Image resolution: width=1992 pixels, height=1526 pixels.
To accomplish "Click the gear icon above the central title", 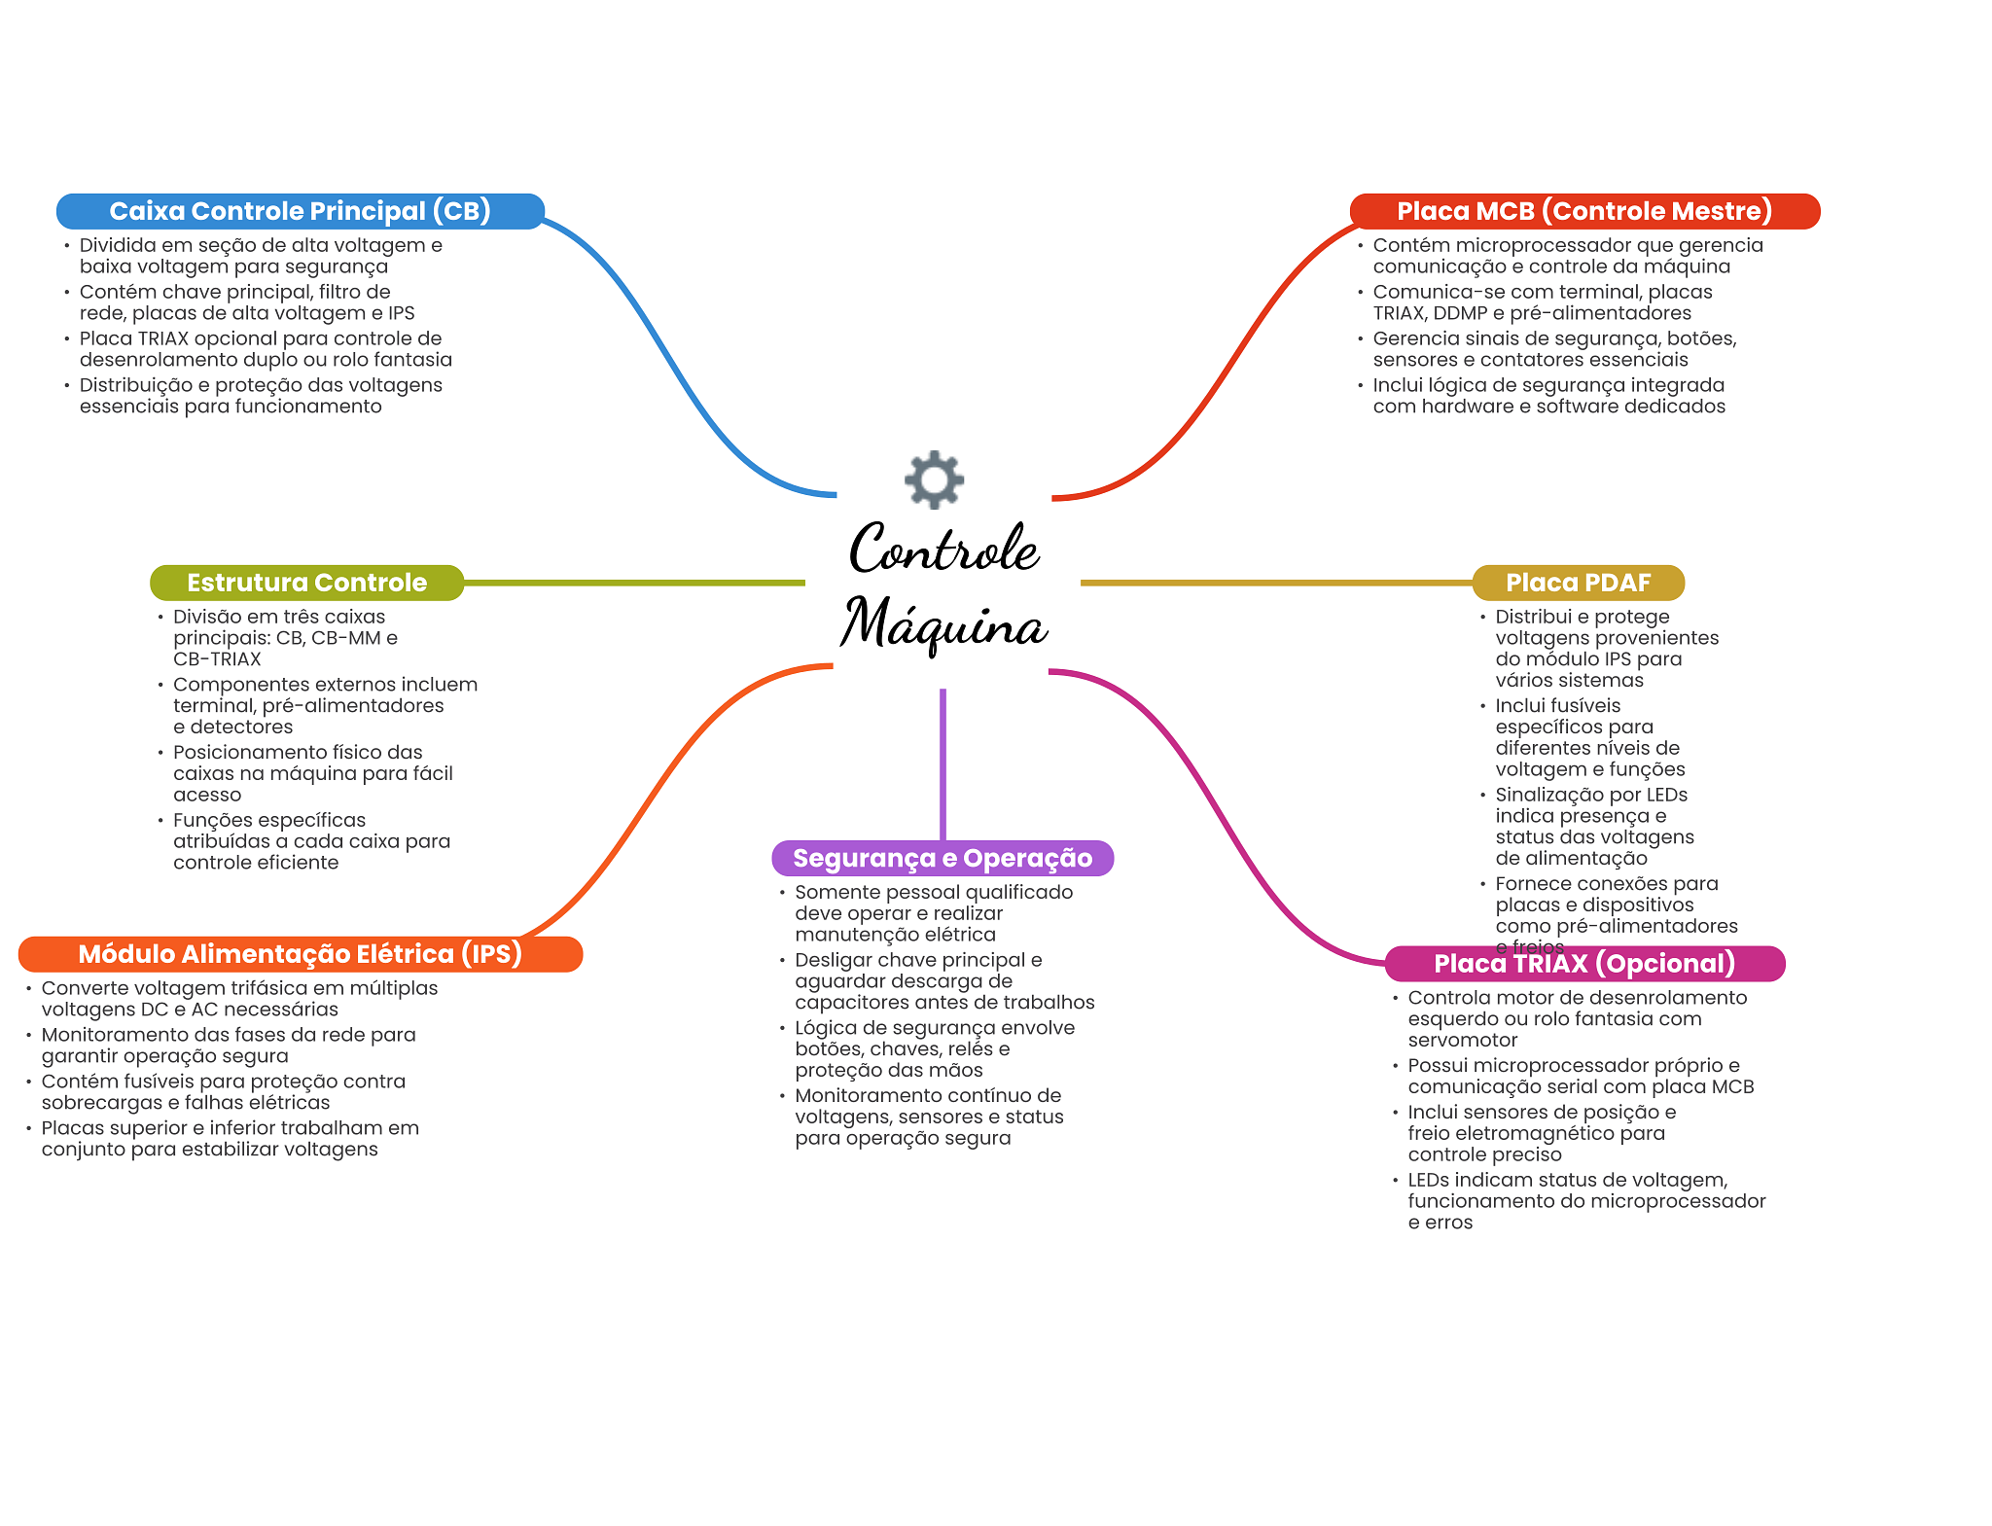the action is click(x=934, y=479).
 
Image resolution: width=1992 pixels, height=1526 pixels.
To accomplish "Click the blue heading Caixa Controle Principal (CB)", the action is click(x=300, y=211).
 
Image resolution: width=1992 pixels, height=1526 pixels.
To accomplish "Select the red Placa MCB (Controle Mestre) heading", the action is click(x=1584, y=211).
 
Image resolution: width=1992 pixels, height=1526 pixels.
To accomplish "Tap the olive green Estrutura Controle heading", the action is click(x=306, y=583).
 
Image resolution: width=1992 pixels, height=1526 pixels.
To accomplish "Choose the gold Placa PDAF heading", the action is click(x=1578, y=583).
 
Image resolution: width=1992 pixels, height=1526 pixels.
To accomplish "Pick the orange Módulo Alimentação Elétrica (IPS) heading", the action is click(x=301, y=954).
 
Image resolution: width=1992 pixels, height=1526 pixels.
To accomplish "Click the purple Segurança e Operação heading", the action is click(x=943, y=858).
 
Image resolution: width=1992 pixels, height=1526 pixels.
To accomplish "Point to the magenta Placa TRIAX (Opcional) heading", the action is click(x=1584, y=964).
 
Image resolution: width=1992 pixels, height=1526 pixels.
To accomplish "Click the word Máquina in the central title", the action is click(x=943, y=624).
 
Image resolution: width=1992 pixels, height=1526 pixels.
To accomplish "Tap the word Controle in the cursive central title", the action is click(x=944, y=549).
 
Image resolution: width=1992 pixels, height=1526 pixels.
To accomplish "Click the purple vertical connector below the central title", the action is click(x=943, y=764).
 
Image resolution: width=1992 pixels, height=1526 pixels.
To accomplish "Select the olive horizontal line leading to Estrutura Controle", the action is click(x=634, y=583).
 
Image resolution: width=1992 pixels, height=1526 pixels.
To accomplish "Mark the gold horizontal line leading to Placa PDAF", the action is click(x=1276, y=583).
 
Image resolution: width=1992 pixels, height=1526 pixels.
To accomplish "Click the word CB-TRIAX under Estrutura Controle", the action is click(x=217, y=659).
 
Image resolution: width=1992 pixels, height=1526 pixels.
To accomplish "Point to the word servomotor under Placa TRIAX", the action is click(x=1463, y=1041).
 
